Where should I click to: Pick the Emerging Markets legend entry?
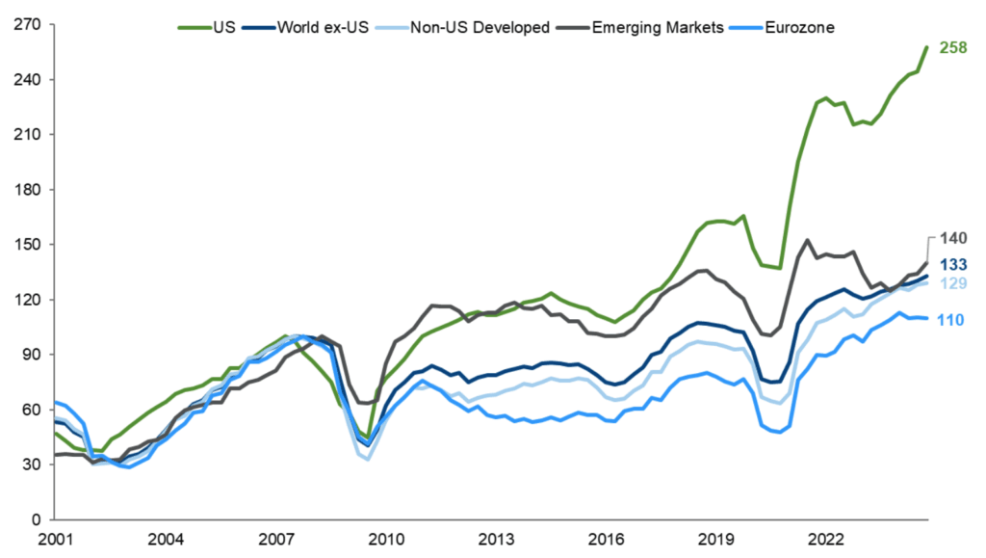[x=644, y=27]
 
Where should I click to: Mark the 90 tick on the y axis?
[x=27, y=355]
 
